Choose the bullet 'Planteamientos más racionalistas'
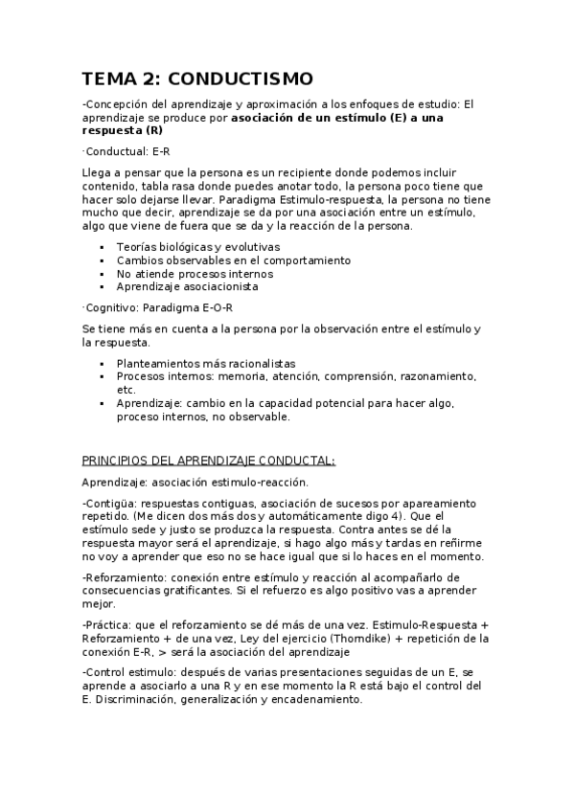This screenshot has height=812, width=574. pyautogui.click(x=205, y=364)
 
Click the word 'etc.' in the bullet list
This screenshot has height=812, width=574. pyautogui.click(x=126, y=390)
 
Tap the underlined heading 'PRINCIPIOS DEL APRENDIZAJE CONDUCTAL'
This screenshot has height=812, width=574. pyautogui.click(x=208, y=460)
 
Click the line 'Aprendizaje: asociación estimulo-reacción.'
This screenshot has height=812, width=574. pyautogui.click(x=195, y=482)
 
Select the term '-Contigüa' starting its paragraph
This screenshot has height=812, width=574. pyautogui.click(x=108, y=503)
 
